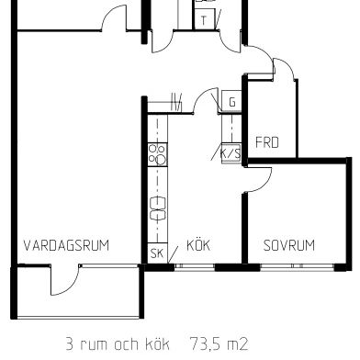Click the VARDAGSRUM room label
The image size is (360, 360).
(x=66, y=245)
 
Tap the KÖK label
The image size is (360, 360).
(x=199, y=245)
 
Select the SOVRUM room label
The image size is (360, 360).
(x=288, y=245)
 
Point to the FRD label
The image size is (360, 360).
(x=266, y=142)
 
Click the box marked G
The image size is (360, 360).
(x=231, y=102)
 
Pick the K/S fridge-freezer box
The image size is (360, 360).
(x=230, y=153)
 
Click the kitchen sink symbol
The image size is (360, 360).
(x=157, y=209)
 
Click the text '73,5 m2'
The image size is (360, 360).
(x=219, y=344)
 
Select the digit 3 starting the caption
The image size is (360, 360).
(x=69, y=344)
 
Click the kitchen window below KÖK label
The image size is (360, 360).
(x=197, y=266)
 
